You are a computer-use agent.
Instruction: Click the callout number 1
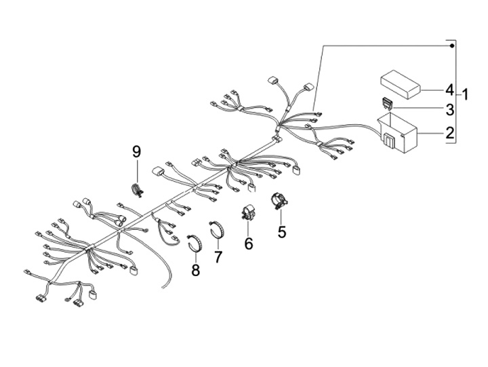pyautogui.click(x=466, y=93)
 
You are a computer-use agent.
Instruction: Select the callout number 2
pyautogui.click(x=449, y=134)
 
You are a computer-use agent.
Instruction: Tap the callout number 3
pyautogui.click(x=449, y=109)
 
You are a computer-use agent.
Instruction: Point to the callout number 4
pyautogui.click(x=449, y=89)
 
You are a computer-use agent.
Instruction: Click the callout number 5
pyautogui.click(x=282, y=233)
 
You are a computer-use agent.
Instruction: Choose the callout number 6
pyautogui.click(x=249, y=243)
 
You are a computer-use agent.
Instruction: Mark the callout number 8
pyautogui.click(x=195, y=271)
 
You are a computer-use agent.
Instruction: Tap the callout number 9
pyautogui.click(x=136, y=150)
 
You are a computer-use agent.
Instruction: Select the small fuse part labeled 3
pyautogui.click(x=388, y=104)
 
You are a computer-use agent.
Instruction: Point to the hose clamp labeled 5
pyautogui.click(x=279, y=201)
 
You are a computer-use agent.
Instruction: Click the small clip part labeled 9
pyautogui.click(x=136, y=190)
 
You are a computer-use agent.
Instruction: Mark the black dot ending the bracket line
pyautogui.click(x=452, y=45)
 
